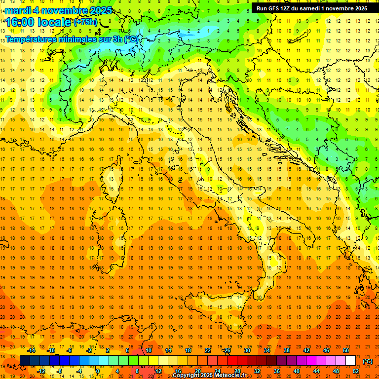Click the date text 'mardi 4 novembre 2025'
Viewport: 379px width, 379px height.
[59, 10]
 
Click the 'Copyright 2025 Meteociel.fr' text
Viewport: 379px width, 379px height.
[209, 375]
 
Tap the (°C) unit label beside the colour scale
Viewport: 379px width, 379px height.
[368, 361]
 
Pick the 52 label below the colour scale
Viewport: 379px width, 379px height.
[356, 371]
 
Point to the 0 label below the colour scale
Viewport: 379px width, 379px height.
[98, 371]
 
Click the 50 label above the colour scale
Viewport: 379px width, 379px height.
[345, 350]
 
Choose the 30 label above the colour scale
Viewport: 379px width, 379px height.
[247, 350]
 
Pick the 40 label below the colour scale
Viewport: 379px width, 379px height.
[296, 371]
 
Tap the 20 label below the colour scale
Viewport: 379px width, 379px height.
[197, 371]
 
